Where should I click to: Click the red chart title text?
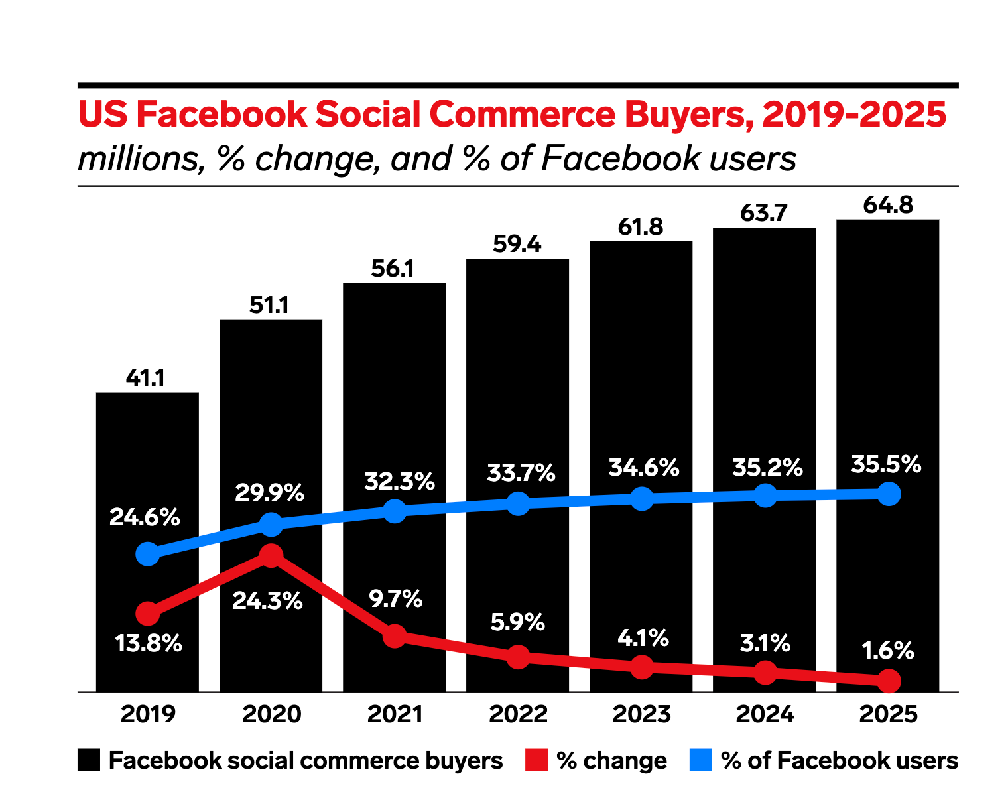pyautogui.click(x=512, y=115)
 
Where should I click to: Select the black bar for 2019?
pyautogui.click(x=147, y=464)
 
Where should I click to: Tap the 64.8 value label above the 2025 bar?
pyautogui.click(x=888, y=205)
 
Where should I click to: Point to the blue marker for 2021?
pyautogui.click(x=395, y=511)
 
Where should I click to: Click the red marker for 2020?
pyautogui.click(x=271, y=555)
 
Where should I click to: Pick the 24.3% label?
pyautogui.click(x=267, y=601)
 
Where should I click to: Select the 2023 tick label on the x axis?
pyautogui.click(x=641, y=714)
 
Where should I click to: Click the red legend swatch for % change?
pyautogui.click(x=536, y=760)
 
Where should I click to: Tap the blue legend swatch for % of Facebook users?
pyautogui.click(x=700, y=760)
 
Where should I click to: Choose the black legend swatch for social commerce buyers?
pyautogui.click(x=89, y=760)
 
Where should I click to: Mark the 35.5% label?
pyautogui.click(x=886, y=464)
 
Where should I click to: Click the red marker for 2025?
pyautogui.click(x=889, y=681)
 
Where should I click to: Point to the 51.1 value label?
pyautogui.click(x=269, y=305)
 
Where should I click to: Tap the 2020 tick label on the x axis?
pyautogui.click(x=271, y=714)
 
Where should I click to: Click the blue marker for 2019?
pyautogui.click(x=147, y=554)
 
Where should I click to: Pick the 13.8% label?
pyautogui.click(x=149, y=643)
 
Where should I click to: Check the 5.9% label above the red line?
pyautogui.click(x=517, y=622)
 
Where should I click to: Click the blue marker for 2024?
pyautogui.click(x=765, y=496)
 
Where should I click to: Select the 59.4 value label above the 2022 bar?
pyautogui.click(x=517, y=245)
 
